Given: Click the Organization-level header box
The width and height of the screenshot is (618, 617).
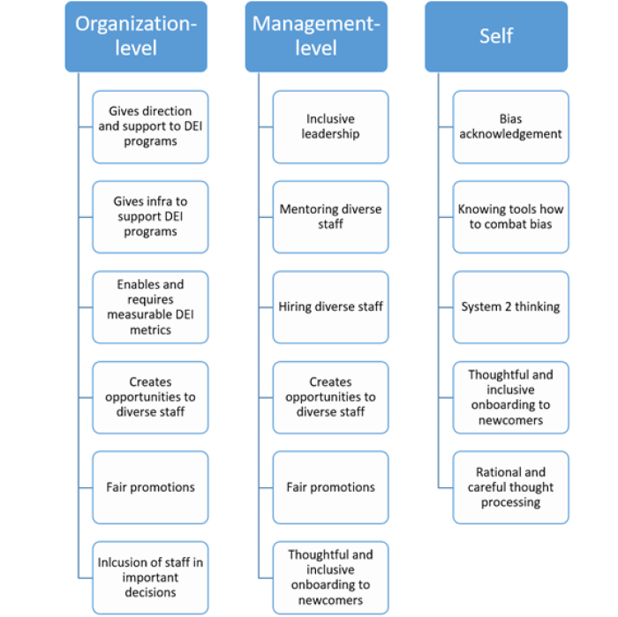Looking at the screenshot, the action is [136, 36].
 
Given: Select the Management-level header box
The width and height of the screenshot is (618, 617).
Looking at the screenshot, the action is [316, 36].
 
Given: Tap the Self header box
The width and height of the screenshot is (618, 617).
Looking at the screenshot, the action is [496, 36].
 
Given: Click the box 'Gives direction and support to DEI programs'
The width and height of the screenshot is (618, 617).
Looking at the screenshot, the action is [150, 127].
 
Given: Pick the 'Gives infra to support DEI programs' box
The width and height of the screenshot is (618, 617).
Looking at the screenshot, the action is [150, 217].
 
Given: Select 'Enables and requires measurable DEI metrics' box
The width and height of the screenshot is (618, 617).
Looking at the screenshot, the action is [150, 307].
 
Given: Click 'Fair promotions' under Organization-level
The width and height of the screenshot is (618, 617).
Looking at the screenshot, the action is [150, 487].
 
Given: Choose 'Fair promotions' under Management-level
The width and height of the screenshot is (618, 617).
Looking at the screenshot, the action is [331, 487].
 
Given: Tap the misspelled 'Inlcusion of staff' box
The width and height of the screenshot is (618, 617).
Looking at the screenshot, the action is [150, 577].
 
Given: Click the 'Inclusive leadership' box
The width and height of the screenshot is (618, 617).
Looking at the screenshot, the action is [331, 127].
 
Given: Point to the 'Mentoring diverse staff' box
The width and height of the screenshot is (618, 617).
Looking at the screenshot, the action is [331, 217].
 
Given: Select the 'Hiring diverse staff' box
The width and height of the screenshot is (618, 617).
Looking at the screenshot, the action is [331, 307].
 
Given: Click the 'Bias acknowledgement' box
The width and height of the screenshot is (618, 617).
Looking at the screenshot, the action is [511, 127].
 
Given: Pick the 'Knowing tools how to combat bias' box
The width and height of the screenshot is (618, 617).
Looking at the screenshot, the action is [511, 217].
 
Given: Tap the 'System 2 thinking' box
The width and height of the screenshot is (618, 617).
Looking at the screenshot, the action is [511, 307].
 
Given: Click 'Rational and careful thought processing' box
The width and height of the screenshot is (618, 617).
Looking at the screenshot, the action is [511, 487].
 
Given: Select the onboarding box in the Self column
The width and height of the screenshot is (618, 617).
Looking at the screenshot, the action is [511, 397].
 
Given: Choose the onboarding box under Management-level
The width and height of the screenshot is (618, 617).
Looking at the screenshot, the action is [331, 577].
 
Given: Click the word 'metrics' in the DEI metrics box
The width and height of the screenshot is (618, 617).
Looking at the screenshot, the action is [151, 330].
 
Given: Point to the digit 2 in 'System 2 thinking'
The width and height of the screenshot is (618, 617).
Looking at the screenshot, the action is [510, 306].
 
